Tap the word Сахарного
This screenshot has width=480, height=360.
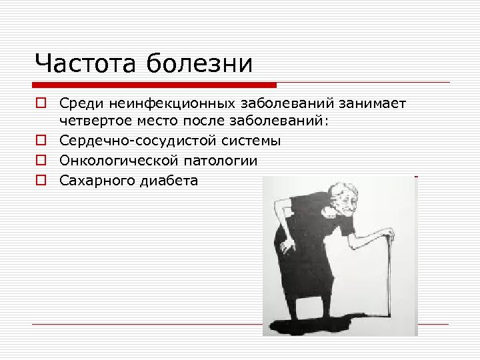pyautogui.click(x=95, y=180)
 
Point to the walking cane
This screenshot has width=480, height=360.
pyautogui.click(x=387, y=273)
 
